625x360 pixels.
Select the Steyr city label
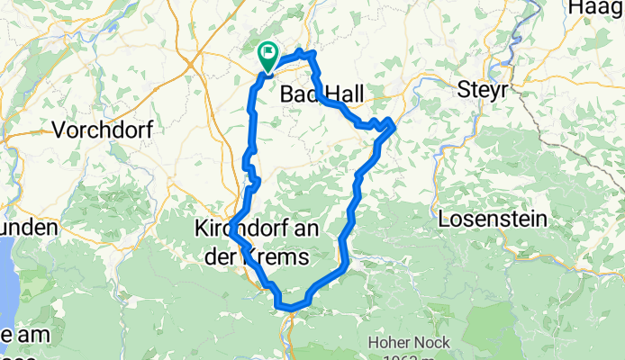[x=483, y=90]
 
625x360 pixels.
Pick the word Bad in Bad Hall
[x=297, y=94]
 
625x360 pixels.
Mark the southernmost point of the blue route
[x=290, y=309]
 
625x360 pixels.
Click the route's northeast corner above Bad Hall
[x=312, y=56]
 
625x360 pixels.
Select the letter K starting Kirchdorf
[x=202, y=230]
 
